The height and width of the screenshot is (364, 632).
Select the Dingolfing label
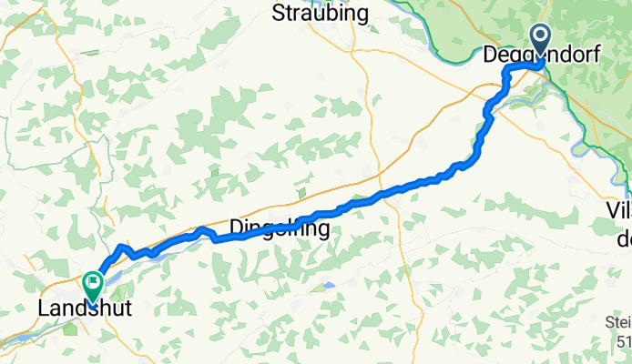(279, 228)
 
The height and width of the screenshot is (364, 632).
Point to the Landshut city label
(84, 309)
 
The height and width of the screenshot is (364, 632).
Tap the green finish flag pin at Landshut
(92, 287)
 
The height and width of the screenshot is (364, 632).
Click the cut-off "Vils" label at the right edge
(618, 210)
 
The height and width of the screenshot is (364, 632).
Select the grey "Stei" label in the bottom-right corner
(618, 323)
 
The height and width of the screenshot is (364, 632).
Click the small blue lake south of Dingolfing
(327, 285)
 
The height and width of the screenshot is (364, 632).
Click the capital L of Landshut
(43, 309)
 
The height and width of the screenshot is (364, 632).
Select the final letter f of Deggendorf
(596, 56)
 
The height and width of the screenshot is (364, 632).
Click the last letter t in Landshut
(127, 309)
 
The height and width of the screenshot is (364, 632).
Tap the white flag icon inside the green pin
(92, 283)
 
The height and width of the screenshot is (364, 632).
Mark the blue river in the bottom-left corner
(18, 339)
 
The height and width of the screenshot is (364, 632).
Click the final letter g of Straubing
(362, 15)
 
